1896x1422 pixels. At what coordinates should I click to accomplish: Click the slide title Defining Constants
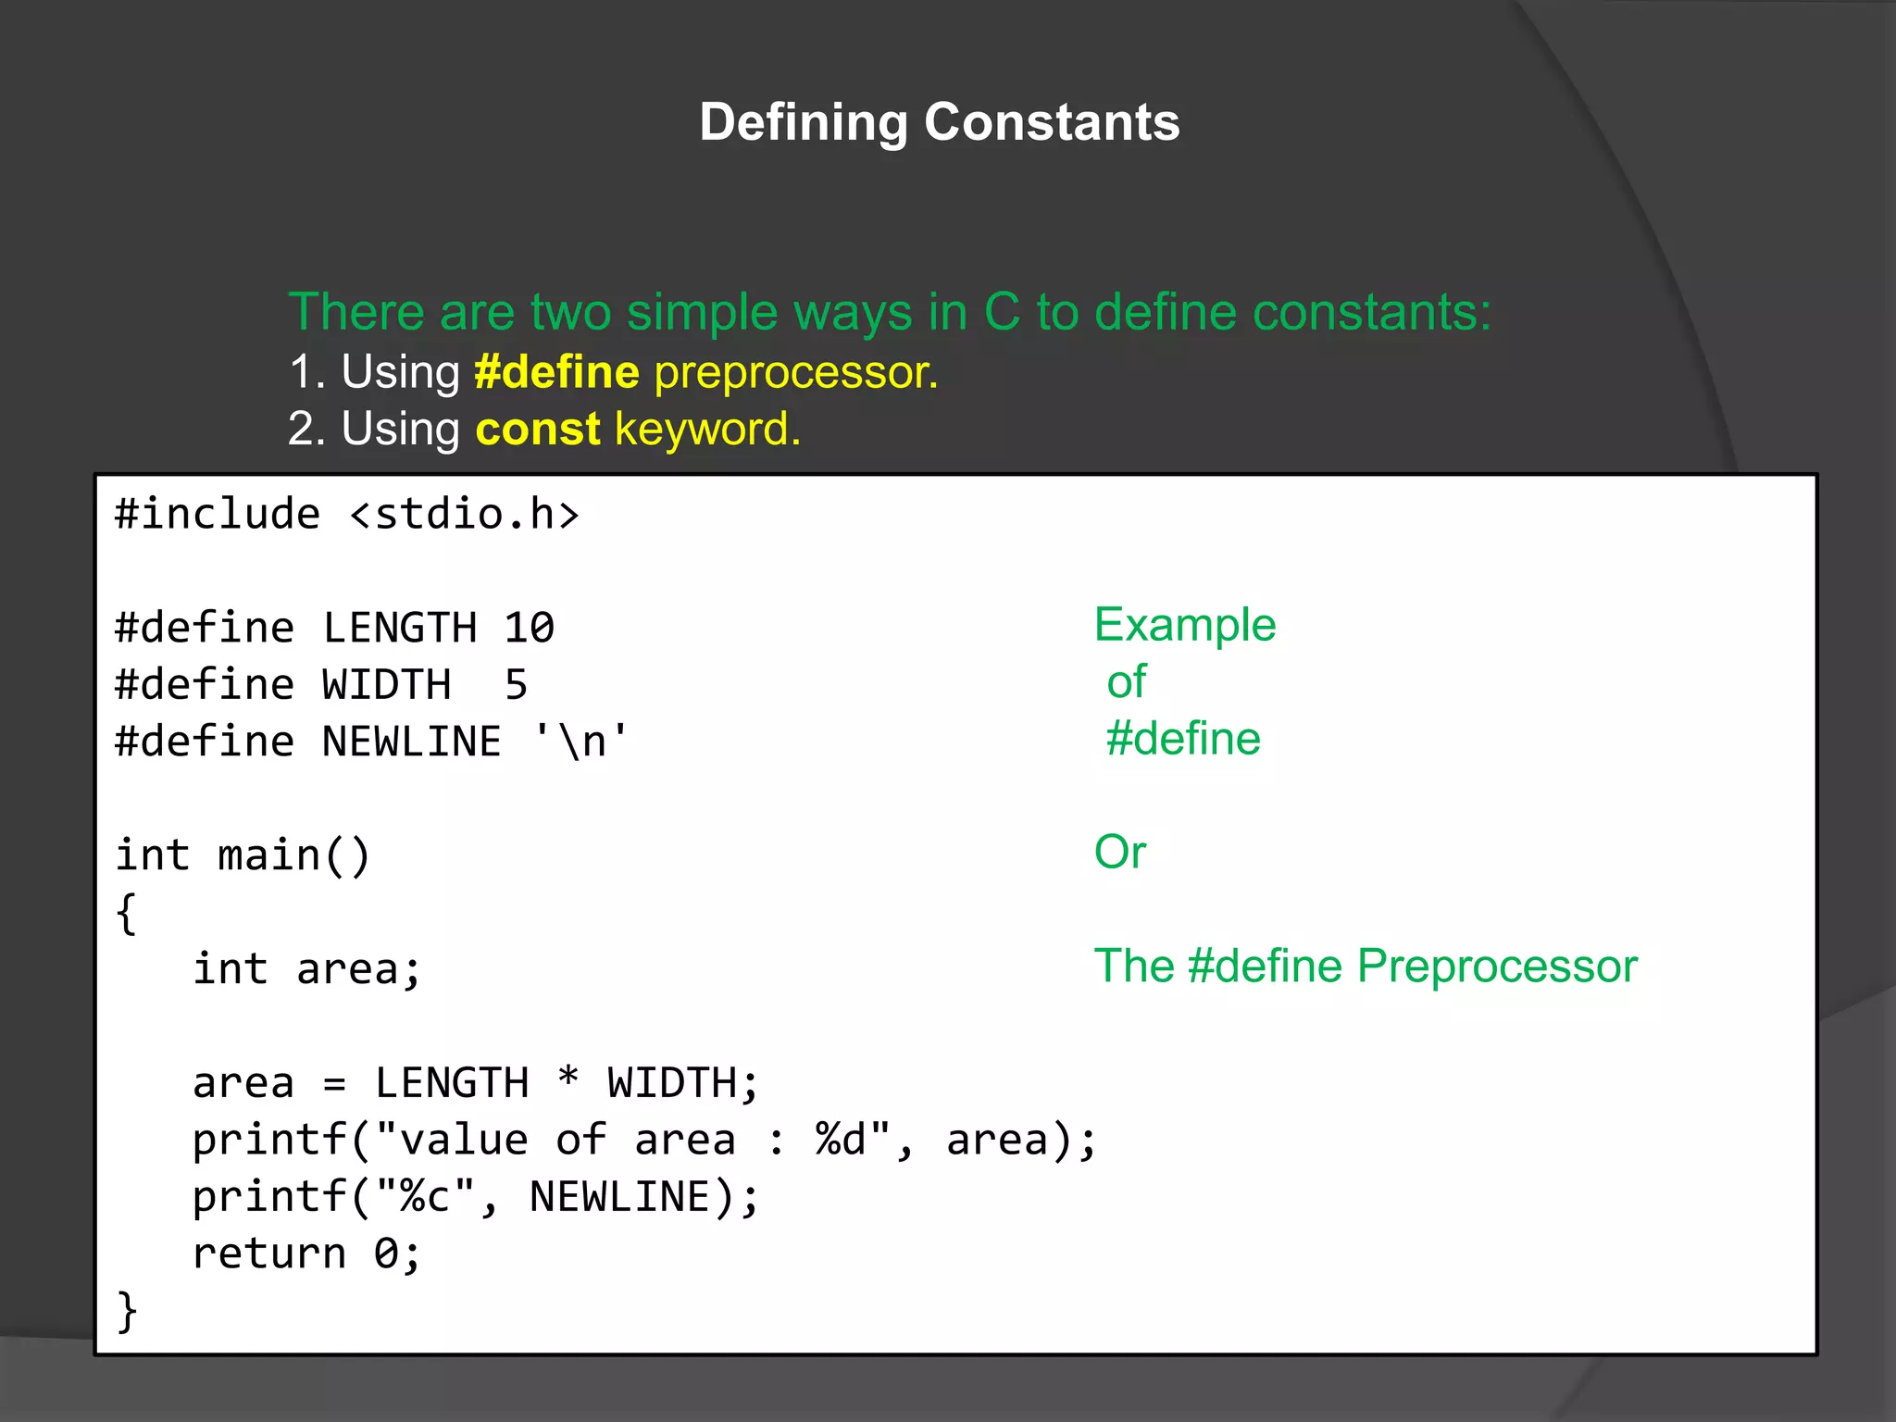pos(939,122)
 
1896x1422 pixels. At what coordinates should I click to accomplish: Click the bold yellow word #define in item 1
pos(556,372)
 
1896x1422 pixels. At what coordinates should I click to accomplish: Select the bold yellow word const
pos(538,430)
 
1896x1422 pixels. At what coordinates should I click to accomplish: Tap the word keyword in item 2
pos(707,430)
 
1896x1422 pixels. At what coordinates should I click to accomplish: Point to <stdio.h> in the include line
pos(465,515)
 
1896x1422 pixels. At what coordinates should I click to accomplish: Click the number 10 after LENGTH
pos(530,629)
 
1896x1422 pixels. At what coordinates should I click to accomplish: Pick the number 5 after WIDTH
pos(517,686)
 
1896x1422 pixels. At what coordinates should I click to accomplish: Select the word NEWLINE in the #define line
pos(412,742)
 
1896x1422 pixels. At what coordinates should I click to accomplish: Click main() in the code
pos(294,855)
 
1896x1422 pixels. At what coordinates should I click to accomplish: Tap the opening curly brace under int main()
pos(127,914)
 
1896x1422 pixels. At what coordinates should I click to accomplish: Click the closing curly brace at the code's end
pos(127,1312)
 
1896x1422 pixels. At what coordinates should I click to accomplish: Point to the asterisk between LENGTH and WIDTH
pos(568,1080)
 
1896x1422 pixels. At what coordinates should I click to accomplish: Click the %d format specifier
pos(841,1141)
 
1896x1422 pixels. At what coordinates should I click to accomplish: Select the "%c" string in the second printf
pos(426,1197)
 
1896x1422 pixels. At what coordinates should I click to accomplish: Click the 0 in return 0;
pos(386,1254)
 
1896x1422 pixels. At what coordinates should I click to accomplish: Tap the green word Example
pos(1185,625)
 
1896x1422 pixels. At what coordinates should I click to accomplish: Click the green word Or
pos(1120,852)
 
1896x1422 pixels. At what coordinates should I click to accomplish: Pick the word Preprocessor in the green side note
pos(1497,967)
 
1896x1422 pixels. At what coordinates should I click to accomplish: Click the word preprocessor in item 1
pos(796,372)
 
